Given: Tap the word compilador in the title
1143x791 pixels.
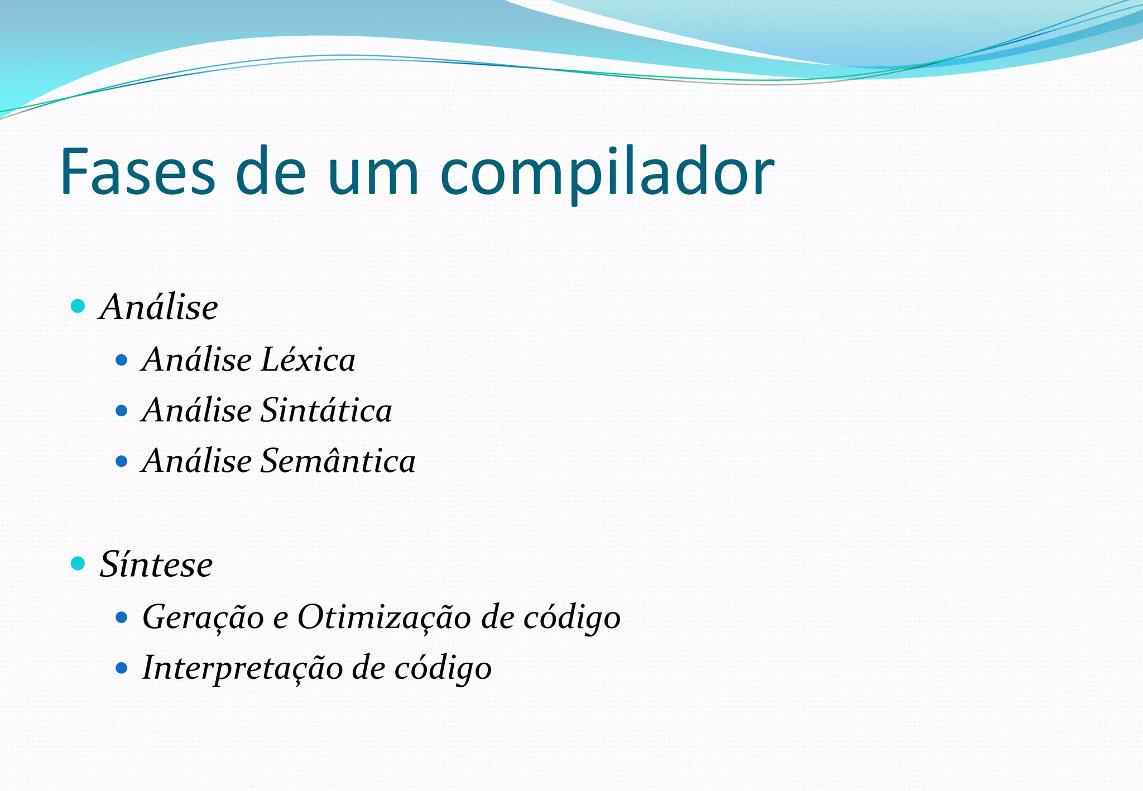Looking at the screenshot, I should point(607,173).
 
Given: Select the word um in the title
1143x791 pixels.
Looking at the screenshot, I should point(372,173).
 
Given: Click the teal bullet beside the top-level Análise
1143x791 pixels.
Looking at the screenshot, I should point(78,306).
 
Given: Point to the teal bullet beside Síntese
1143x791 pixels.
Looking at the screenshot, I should point(78,563).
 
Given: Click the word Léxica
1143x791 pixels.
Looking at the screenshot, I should point(308,359).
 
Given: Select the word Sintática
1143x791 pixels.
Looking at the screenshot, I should point(326,410).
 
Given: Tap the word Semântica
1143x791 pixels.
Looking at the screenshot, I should point(338,461).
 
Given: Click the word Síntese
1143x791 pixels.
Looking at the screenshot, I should point(156,564).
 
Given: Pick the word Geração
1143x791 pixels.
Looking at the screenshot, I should point(203,618).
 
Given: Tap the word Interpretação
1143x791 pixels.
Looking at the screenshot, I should point(242,668).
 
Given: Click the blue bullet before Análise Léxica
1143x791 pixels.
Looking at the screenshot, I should point(121,360).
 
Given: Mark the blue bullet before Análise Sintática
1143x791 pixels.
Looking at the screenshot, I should point(121,411).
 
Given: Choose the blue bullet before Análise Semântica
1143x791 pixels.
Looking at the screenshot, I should point(121,461).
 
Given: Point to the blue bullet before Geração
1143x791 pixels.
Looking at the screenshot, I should point(121,618).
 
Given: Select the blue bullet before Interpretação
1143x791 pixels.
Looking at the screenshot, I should point(121,668).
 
